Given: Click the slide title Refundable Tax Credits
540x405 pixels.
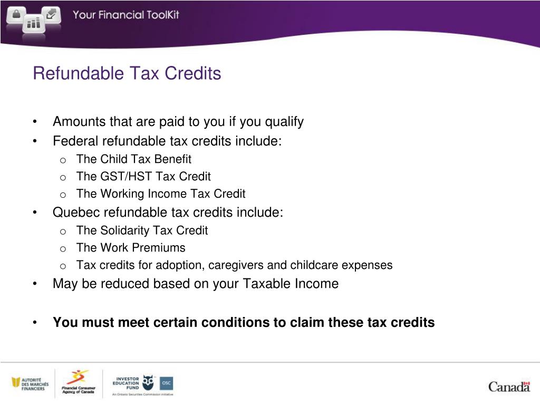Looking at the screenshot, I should pyautogui.click(x=127, y=73).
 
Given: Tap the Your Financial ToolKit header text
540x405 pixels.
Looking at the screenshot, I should pyautogui.click(x=126, y=15).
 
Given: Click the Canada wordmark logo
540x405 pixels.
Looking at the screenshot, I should pyautogui.click(x=508, y=386).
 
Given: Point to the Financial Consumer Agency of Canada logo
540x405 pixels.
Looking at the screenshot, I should pyautogui.click(x=79, y=383).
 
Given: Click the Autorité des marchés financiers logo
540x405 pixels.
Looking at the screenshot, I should pyautogui.click(x=30, y=384).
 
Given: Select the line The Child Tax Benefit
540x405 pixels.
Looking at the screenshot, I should pyautogui.click(x=133, y=159).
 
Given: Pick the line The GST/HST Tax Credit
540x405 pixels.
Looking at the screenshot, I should pyautogui.click(x=143, y=177).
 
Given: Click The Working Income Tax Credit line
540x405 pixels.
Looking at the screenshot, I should pyautogui.click(x=160, y=194).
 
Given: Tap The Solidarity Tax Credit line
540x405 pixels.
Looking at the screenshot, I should pyautogui.click(x=142, y=230).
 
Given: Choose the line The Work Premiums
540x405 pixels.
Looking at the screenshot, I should pyautogui.click(x=130, y=248).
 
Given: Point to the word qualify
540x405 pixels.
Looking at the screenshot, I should pyautogui.click(x=284, y=122).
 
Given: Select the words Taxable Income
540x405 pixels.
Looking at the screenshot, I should pyautogui.click(x=291, y=284).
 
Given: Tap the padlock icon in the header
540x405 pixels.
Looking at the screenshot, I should pyautogui.click(x=16, y=14).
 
